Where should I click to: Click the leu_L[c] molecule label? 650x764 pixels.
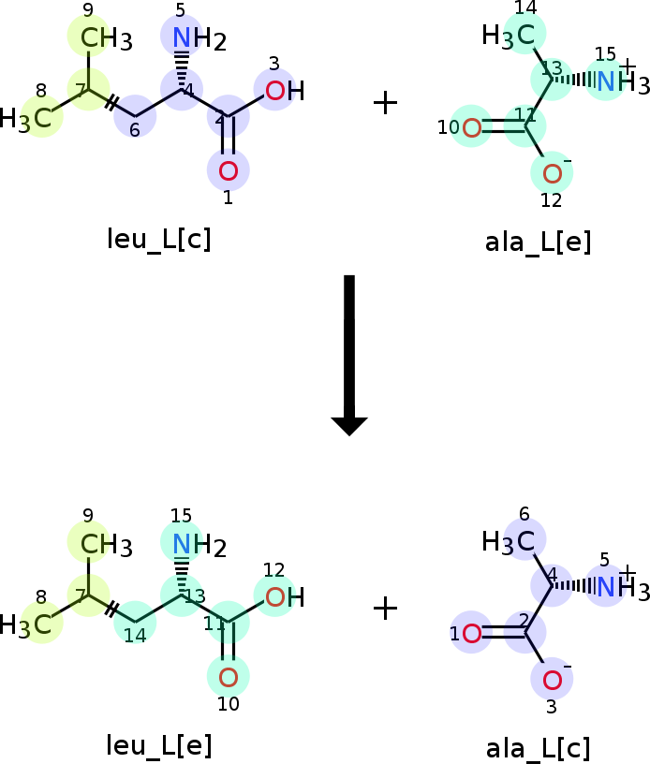(x=159, y=240)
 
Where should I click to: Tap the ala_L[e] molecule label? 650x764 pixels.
(x=538, y=242)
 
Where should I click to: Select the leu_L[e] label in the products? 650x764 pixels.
(x=159, y=745)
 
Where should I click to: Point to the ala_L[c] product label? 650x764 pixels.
(x=538, y=748)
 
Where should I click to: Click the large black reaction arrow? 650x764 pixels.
(x=349, y=355)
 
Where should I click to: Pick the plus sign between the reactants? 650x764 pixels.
(x=386, y=103)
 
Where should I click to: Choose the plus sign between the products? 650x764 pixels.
(x=386, y=610)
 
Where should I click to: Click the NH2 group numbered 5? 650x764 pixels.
(x=199, y=38)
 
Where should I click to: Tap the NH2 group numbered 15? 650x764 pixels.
(x=199, y=545)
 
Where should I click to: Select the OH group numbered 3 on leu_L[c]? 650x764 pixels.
(x=285, y=91)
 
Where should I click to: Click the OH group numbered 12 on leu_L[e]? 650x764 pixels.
(x=285, y=597)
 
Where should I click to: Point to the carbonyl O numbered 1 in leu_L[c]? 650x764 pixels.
(x=228, y=171)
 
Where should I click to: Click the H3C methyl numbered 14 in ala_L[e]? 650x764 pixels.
(x=509, y=36)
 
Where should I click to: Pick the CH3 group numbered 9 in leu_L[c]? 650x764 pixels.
(x=106, y=38)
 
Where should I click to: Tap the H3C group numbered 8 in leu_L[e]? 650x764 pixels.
(x=25, y=624)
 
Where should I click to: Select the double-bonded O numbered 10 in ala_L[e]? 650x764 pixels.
(x=471, y=127)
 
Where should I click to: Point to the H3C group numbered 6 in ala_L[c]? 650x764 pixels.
(x=509, y=542)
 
